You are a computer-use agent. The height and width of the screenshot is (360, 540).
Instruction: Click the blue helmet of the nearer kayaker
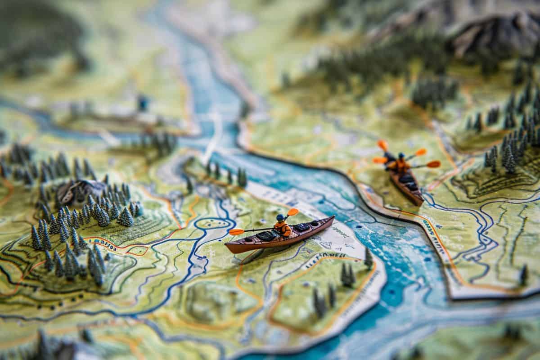point(280,218)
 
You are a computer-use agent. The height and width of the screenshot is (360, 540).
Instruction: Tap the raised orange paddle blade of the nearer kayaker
point(292,211)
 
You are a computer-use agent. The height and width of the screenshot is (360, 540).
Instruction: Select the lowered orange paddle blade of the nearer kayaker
point(236,232)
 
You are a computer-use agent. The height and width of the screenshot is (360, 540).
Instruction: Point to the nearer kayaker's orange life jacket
point(283,228)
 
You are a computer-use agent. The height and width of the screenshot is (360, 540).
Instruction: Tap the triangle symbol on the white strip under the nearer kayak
point(326,244)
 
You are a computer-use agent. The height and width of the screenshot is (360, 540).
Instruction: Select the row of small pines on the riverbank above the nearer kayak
point(225,173)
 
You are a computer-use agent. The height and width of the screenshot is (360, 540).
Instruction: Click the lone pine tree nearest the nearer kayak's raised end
point(369,258)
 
